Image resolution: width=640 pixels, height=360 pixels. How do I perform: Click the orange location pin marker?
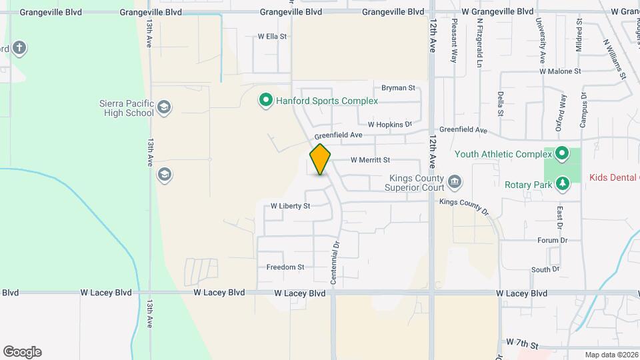click(x=321, y=159)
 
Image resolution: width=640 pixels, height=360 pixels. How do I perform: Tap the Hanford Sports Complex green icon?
click(x=265, y=101)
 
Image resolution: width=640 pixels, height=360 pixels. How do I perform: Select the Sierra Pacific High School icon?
click(x=164, y=107)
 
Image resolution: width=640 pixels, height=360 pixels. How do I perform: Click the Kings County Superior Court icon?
click(x=455, y=181)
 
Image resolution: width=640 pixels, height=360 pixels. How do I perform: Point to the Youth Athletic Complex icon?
click(x=562, y=154)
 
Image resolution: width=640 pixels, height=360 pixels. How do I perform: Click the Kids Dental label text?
click(x=614, y=178)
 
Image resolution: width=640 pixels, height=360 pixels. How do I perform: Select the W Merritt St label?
click(x=370, y=160)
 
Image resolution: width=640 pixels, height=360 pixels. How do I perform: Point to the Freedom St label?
click(x=285, y=267)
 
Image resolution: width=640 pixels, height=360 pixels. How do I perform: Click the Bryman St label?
click(x=398, y=87)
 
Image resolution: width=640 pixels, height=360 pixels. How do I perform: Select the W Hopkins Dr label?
click(x=390, y=124)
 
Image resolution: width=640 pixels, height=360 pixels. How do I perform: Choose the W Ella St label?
click(x=272, y=37)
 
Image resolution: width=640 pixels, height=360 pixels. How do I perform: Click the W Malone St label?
click(x=561, y=71)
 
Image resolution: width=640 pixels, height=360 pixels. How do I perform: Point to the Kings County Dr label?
click(x=465, y=205)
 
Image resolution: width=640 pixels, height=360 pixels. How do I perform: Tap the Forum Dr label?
click(x=552, y=240)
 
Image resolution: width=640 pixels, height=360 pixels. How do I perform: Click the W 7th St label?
click(x=522, y=343)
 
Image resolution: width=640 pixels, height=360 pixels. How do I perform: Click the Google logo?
click(x=23, y=352)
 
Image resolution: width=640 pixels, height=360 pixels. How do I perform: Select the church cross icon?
click(x=19, y=47)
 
